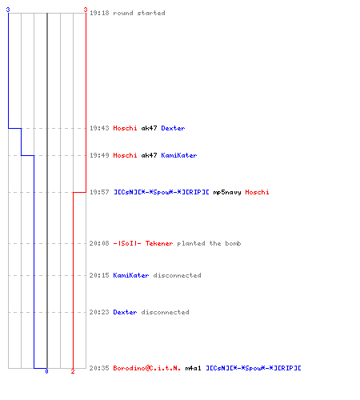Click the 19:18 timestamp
point(99,13)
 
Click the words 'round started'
point(139,13)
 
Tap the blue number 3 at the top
point(8,10)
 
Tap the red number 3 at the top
point(86,10)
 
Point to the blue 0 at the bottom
point(46,371)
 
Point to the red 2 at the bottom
point(73,371)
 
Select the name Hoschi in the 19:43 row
point(125,128)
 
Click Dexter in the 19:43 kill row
point(173,128)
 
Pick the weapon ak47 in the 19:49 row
point(149,155)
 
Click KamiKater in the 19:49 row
point(179,155)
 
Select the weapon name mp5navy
point(227,192)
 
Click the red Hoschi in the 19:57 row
point(257,192)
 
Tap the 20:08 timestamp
point(99,243)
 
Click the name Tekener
point(159,243)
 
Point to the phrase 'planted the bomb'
point(209,243)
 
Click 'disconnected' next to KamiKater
point(177,275)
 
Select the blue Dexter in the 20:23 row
point(125,312)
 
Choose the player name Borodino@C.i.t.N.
point(147,368)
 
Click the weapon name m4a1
point(193,368)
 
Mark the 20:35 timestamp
point(99,368)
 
